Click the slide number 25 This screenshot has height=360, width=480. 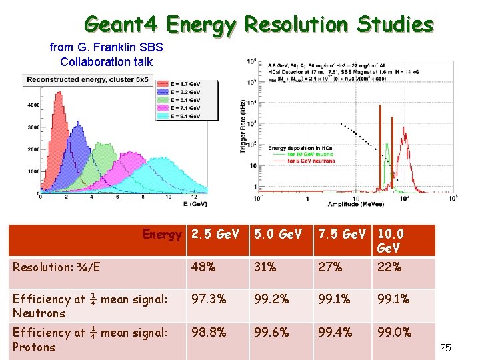click(446, 347)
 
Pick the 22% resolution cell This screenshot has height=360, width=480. click(389, 267)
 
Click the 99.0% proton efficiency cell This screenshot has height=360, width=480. click(395, 332)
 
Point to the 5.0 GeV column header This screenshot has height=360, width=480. click(277, 235)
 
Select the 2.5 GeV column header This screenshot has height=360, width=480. click(215, 235)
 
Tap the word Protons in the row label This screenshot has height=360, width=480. click(34, 347)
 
